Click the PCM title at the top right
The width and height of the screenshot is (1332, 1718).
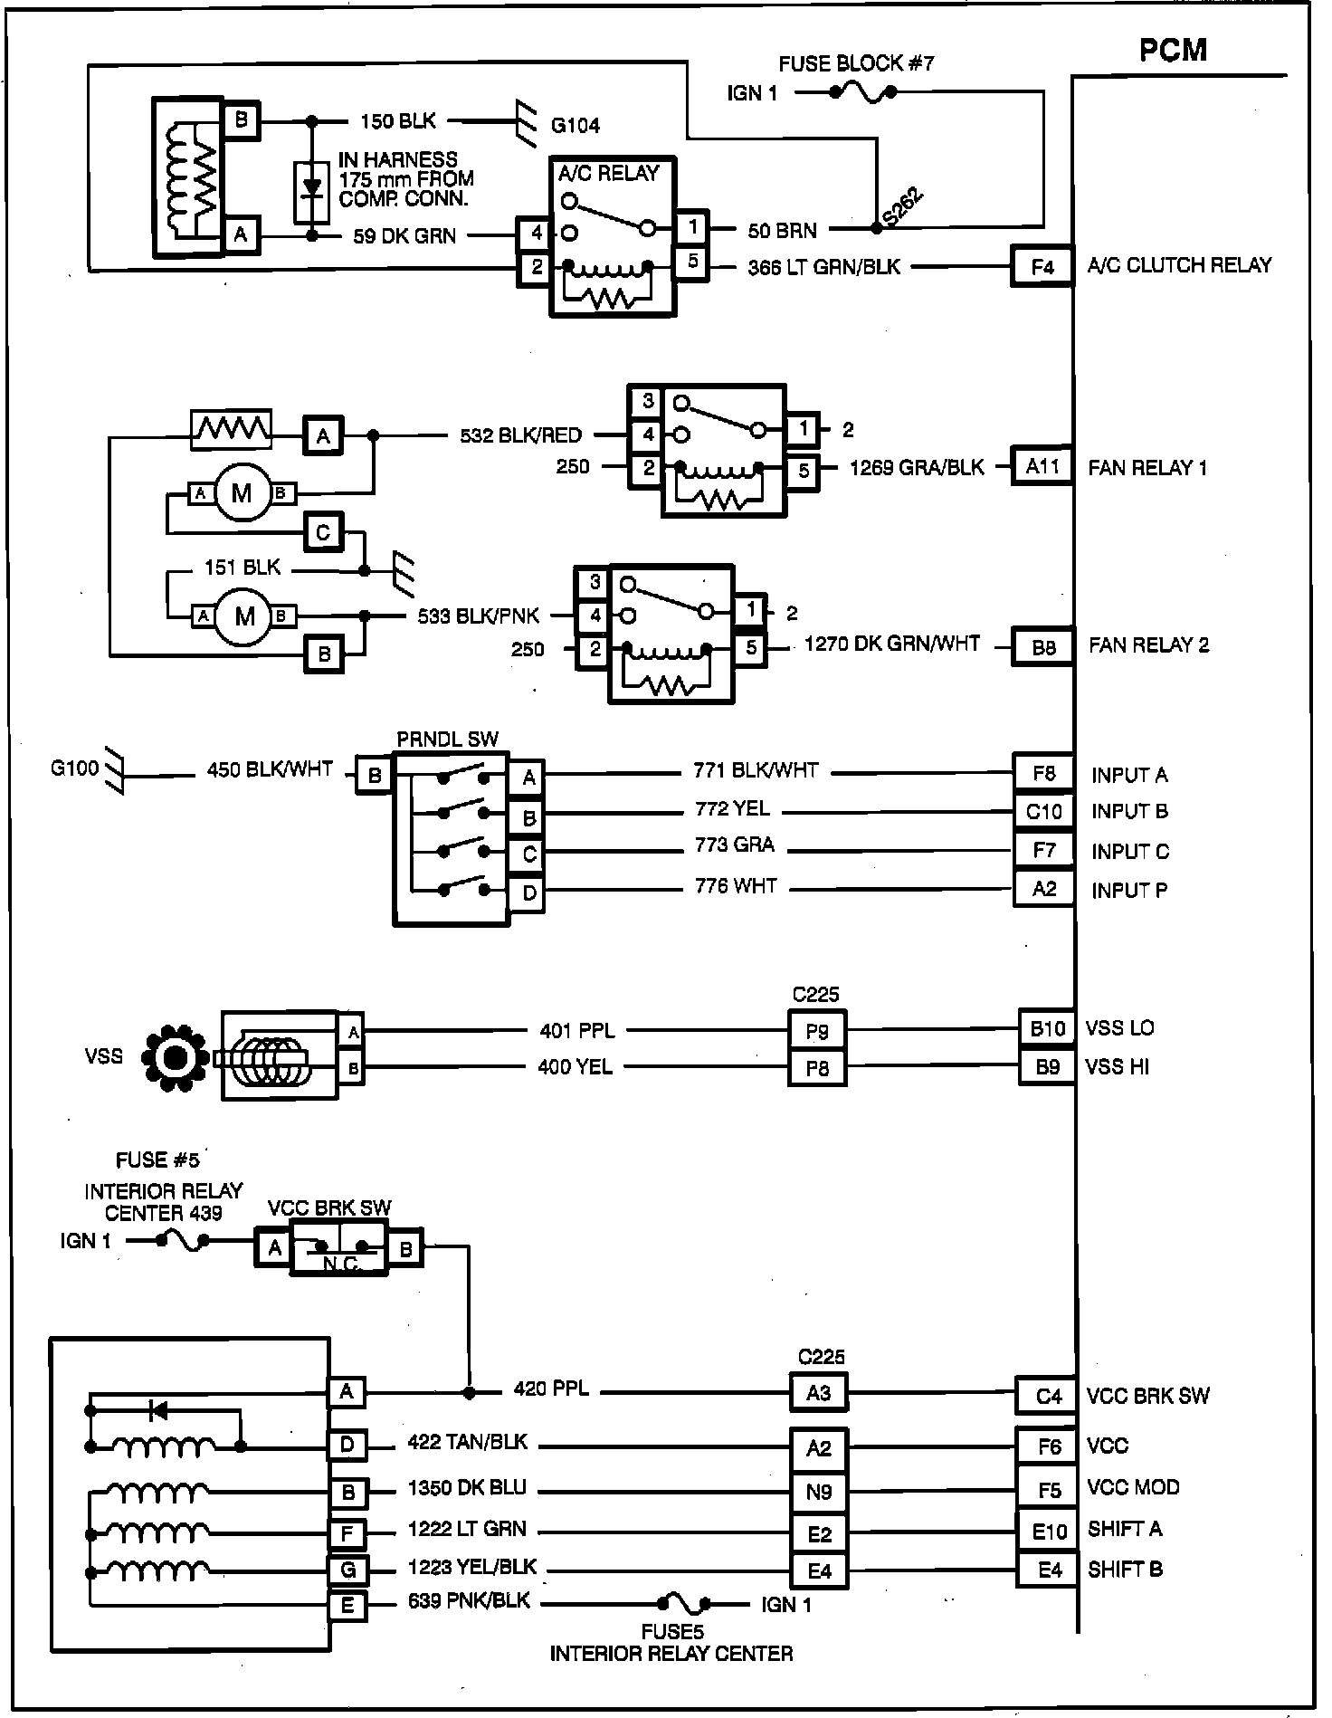coord(1173,50)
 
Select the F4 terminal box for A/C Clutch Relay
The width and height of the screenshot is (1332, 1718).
coord(1042,267)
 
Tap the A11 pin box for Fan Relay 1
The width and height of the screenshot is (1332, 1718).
coord(1042,467)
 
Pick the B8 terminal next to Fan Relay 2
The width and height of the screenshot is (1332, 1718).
coord(1043,648)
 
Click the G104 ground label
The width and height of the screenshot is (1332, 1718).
coord(575,126)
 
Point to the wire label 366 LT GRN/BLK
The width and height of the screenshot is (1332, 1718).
coord(823,267)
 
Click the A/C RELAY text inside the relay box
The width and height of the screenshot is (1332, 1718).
coord(608,173)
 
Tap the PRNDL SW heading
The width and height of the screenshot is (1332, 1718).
coord(447,740)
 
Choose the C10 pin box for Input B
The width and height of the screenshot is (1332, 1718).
coord(1043,812)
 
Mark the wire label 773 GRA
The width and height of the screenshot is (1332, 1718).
coord(735,845)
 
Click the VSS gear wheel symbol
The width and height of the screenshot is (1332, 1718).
coord(176,1057)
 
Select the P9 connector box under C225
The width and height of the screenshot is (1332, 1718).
coord(817,1031)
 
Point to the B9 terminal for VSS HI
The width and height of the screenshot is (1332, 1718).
coord(1047,1067)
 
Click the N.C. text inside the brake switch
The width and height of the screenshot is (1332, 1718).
coord(341,1264)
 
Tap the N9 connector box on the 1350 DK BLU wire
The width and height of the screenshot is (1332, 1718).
coord(819,1492)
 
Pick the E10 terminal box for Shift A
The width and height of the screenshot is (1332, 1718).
coord(1049,1532)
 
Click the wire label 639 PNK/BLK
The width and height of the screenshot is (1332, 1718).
coord(469,1601)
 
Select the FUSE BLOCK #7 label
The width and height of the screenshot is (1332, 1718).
coord(856,63)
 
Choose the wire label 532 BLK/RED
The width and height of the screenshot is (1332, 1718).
coord(520,435)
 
